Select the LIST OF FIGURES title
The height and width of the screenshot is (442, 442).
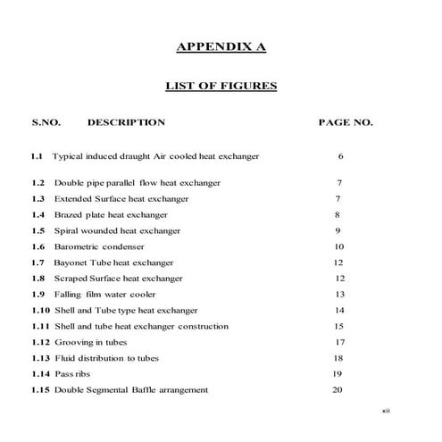[x=221, y=87]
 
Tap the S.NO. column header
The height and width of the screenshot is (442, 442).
[x=46, y=122]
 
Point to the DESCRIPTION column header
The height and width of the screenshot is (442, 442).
[x=126, y=122]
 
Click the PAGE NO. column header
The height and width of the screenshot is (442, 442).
[x=346, y=122]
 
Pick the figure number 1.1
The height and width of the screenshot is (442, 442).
[x=36, y=156]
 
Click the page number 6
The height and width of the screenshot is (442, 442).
[x=341, y=156]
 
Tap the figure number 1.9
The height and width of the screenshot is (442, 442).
[x=38, y=294]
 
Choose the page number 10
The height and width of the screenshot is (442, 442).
[x=338, y=246]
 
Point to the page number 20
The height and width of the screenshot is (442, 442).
[x=338, y=389]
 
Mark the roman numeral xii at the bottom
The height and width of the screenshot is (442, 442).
[x=386, y=412]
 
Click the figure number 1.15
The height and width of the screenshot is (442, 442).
[x=40, y=389]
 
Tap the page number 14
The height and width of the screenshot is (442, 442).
[x=338, y=310]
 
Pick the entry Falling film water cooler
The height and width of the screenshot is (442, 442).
[x=104, y=294]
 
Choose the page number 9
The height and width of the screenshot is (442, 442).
[x=338, y=230]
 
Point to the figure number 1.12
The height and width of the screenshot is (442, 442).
[x=40, y=342]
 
